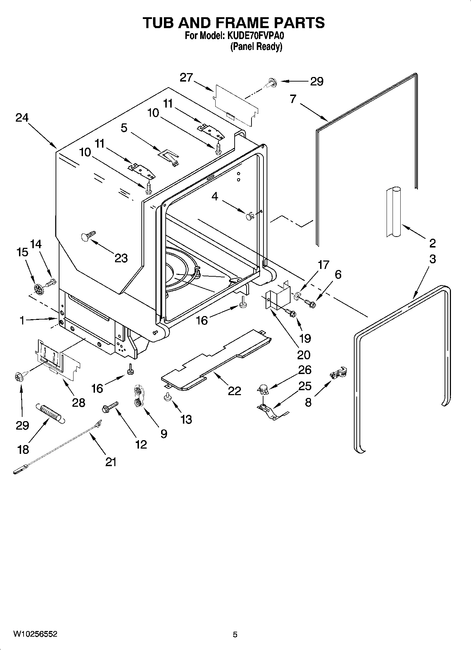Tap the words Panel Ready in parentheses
tap(256, 47)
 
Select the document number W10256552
tap(35, 634)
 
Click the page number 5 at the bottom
tap(235, 635)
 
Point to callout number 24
tap(22, 117)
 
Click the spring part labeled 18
tap(51, 414)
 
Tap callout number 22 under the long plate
tap(234, 391)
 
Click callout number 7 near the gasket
tap(293, 99)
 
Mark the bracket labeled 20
tap(278, 295)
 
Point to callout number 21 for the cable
tap(111, 462)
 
